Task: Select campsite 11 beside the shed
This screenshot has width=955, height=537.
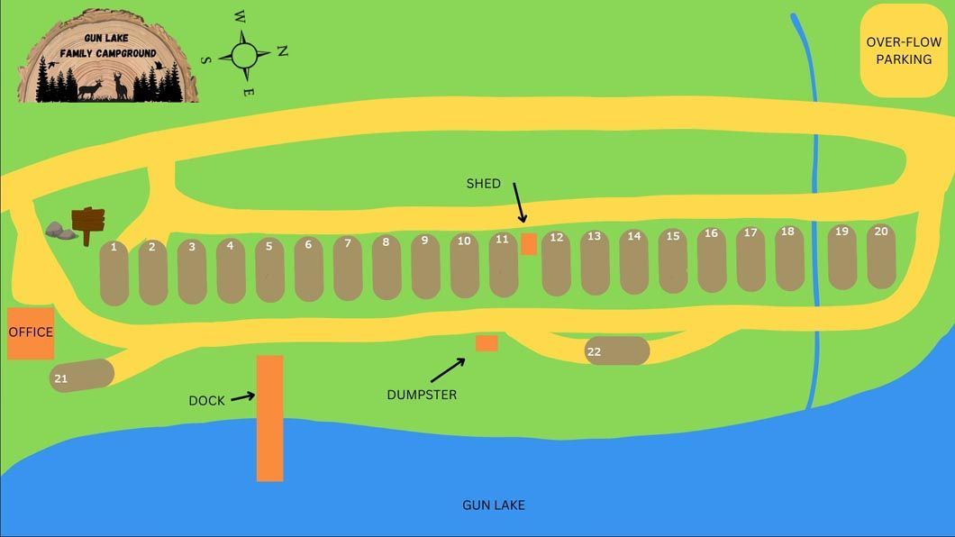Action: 503,265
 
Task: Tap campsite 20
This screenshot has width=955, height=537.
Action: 881,256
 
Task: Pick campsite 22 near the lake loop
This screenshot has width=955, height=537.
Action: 617,350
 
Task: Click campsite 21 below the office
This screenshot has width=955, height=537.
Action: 82,376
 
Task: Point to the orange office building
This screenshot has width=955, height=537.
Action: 31,333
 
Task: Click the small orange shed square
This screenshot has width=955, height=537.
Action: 529,244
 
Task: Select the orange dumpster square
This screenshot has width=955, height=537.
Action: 487,343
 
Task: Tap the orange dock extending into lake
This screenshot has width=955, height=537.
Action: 269,418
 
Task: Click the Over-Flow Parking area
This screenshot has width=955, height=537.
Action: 904,50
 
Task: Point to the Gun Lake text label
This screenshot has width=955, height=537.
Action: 494,505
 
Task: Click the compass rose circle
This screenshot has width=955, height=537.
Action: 244,55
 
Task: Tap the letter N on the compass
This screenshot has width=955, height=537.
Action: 282,51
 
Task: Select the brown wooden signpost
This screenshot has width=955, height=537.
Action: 88,225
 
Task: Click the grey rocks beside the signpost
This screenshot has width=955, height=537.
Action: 59,231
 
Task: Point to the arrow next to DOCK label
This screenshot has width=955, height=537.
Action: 242,397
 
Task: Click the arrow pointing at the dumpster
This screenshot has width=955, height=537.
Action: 448,370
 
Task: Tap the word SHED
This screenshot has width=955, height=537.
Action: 484,183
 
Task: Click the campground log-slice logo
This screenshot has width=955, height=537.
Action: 108,56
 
